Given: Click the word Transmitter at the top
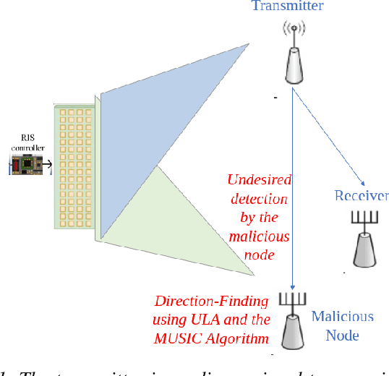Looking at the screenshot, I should click(287, 7).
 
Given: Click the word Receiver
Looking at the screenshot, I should click(362, 196).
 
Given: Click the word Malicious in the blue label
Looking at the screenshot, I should click(342, 317).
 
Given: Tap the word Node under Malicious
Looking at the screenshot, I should click(342, 336).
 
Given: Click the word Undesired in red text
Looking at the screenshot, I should click(257, 180).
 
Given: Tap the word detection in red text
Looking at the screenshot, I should click(258, 199).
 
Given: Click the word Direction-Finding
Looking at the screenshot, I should click(212, 302).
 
